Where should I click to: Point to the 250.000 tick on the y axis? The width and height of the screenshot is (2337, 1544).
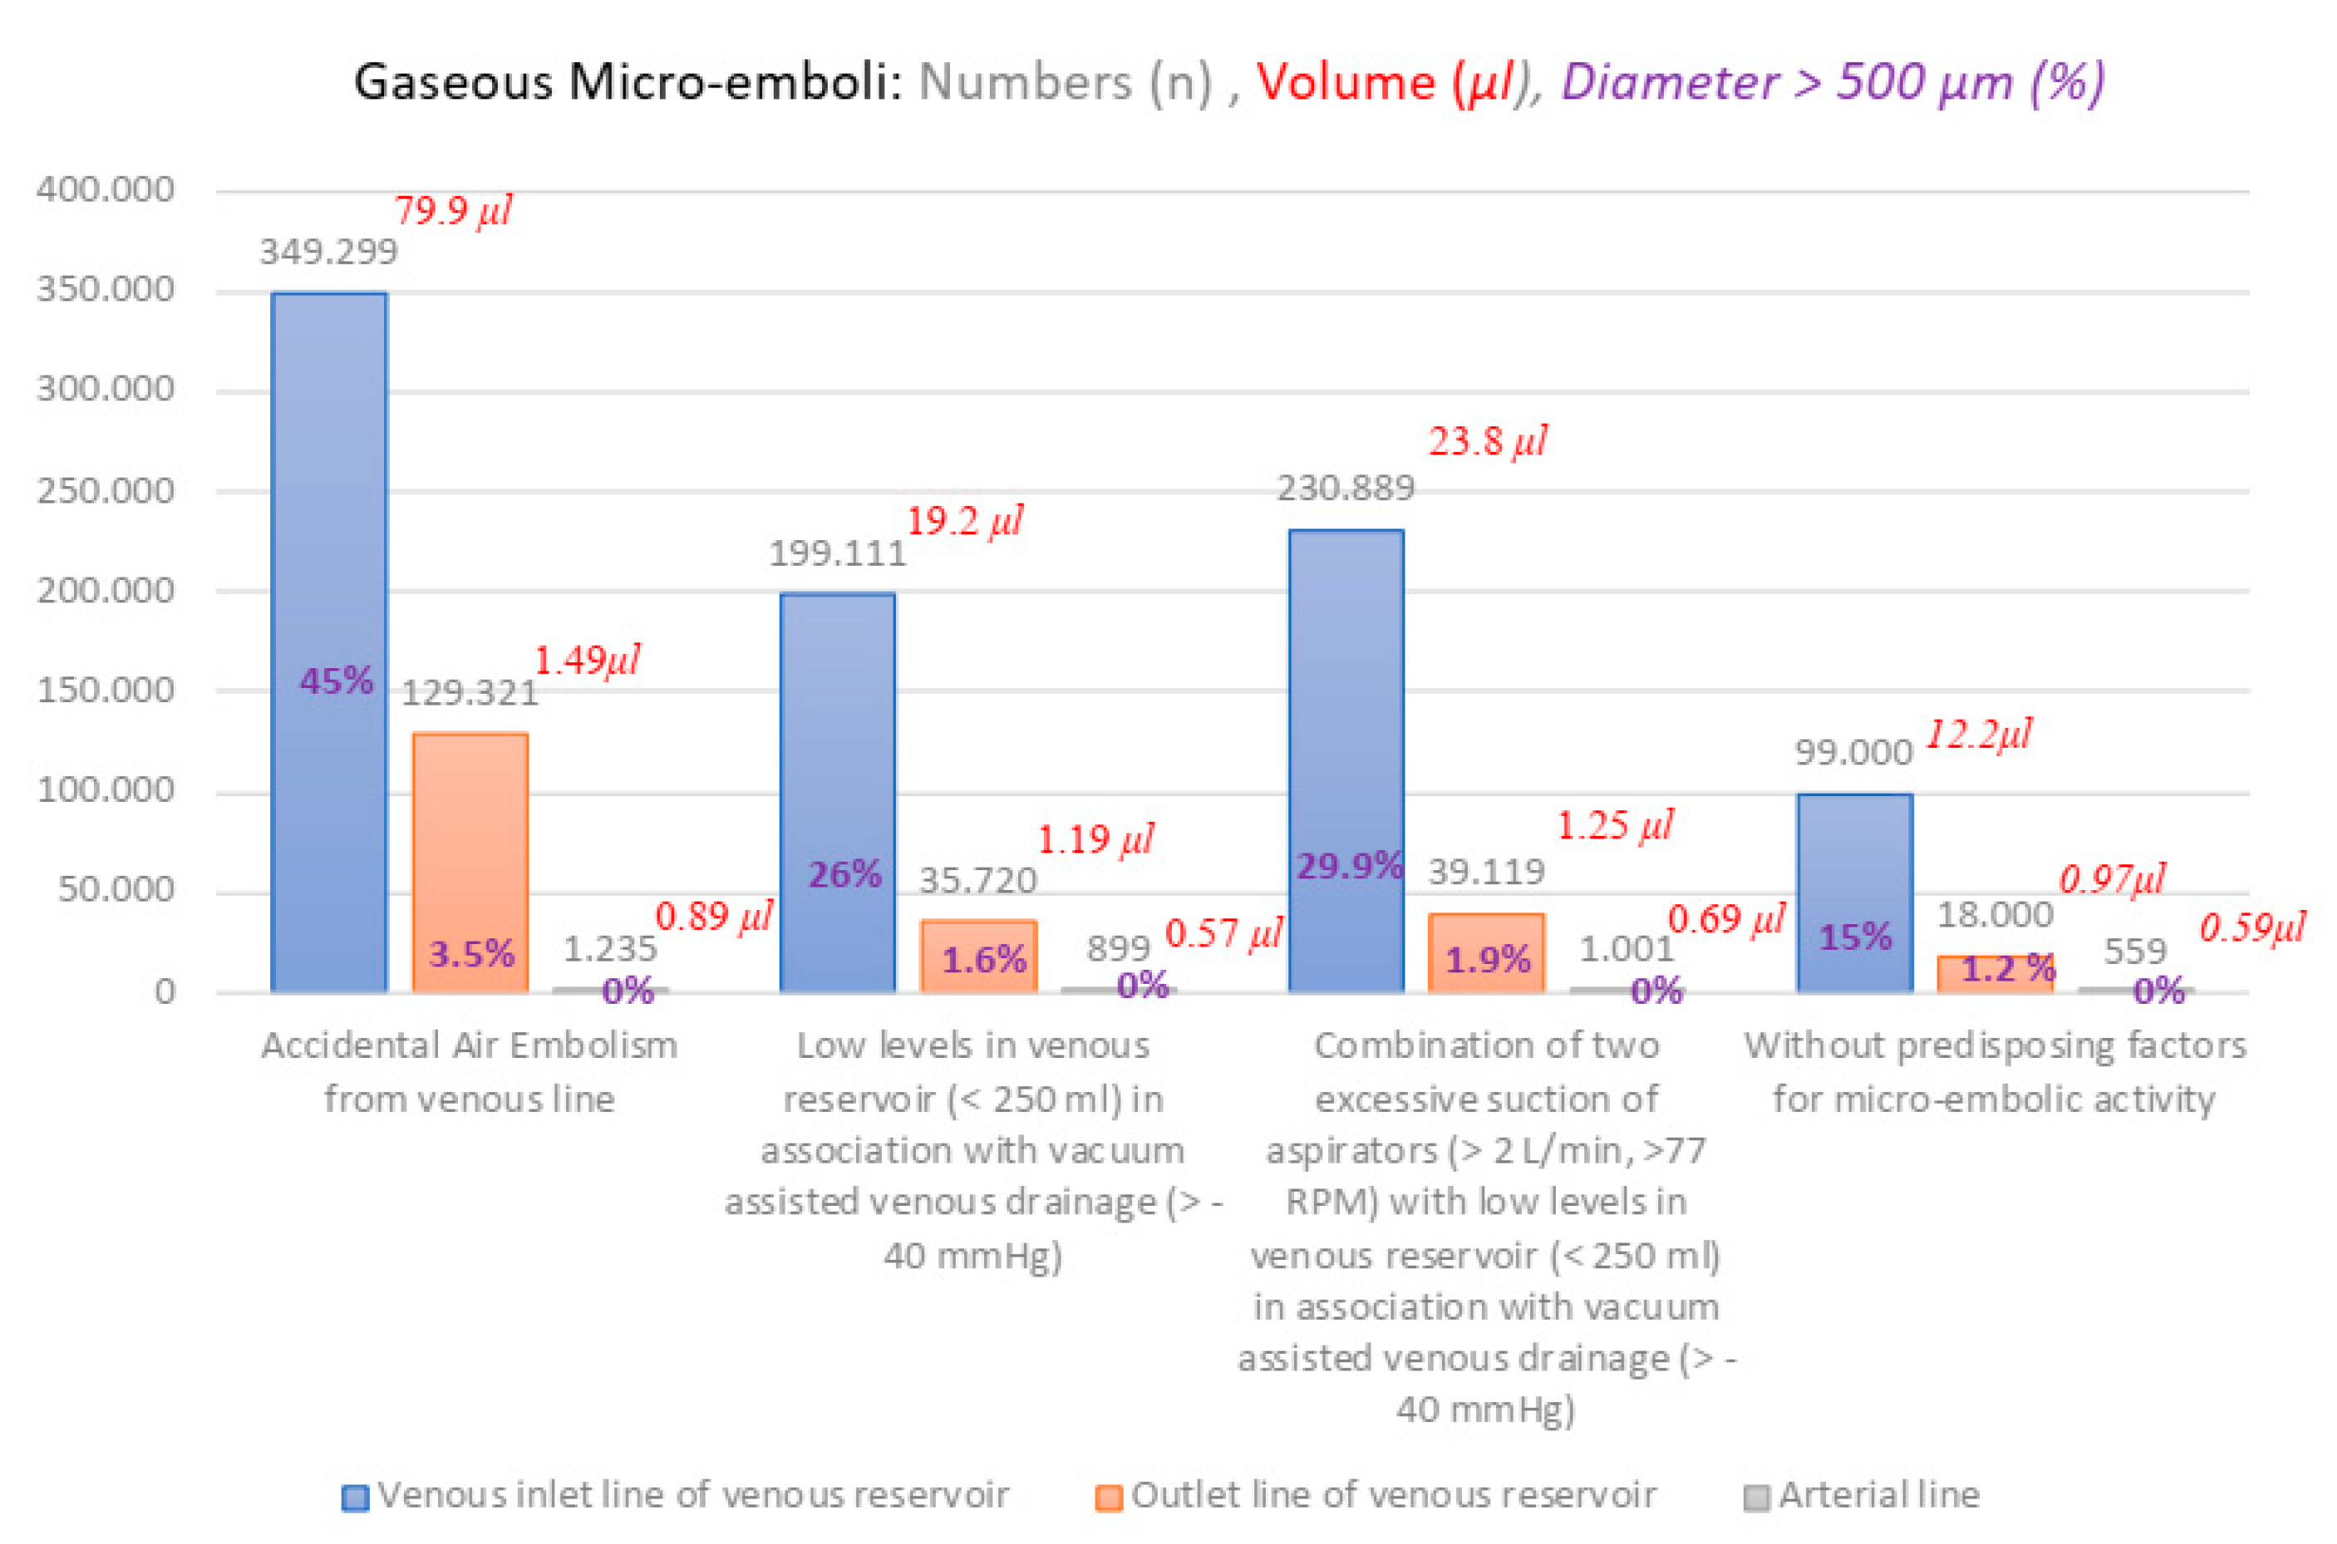click(x=106, y=490)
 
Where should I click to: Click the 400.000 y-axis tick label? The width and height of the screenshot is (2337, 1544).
click(x=106, y=189)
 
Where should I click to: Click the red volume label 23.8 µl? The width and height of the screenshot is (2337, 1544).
click(x=1487, y=441)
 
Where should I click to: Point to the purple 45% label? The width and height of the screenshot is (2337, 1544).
click(x=337, y=681)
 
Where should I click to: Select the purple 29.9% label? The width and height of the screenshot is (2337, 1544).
click(x=1349, y=867)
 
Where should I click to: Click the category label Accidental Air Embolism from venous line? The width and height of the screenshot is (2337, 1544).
click(x=469, y=1072)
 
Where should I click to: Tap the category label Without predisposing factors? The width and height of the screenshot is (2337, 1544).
click(x=1995, y=1045)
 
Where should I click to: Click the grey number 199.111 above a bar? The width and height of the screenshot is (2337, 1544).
click(x=837, y=554)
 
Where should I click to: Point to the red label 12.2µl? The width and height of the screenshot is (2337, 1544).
click(x=1977, y=735)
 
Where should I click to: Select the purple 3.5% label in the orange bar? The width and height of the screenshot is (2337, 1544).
click(x=470, y=953)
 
